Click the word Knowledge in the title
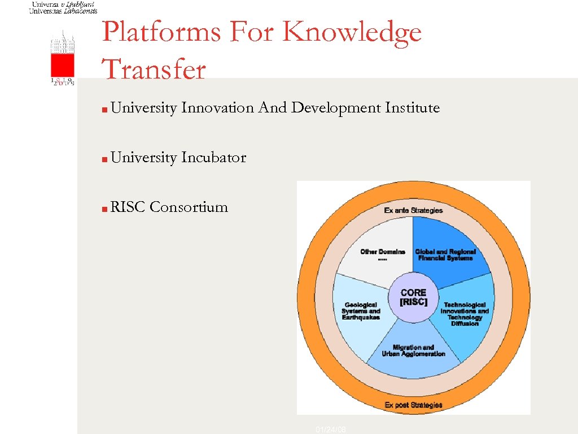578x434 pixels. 352,33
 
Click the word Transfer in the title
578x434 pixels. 154,70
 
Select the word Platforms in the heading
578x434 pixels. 162,32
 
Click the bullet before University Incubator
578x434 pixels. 106,158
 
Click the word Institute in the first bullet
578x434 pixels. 412,108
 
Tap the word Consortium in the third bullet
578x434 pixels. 189,207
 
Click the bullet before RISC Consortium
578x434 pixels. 106,208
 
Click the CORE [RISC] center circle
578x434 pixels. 414,297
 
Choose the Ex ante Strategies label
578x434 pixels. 413,210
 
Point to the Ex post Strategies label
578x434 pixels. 413,405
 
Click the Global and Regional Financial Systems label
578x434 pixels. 445,254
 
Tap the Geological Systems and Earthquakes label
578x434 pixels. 361,311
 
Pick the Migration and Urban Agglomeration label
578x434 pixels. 413,350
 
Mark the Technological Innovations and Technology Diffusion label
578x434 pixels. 465,314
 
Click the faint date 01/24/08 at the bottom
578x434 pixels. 331,430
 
